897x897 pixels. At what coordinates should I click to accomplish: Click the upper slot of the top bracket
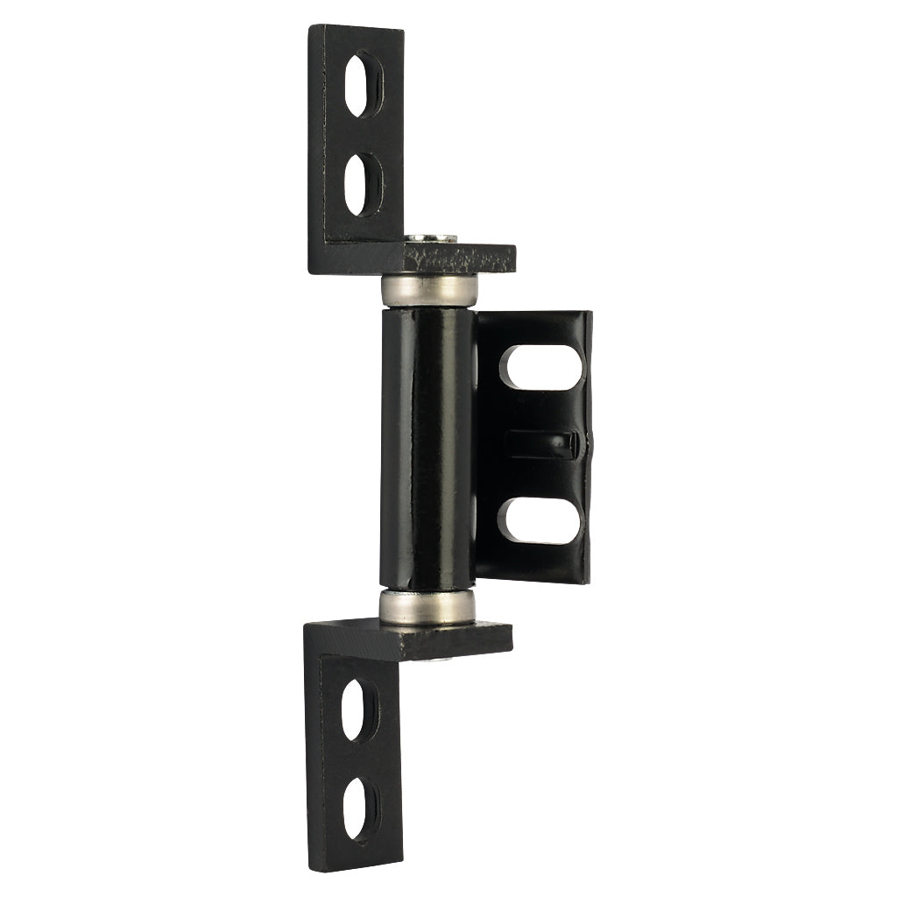(362, 84)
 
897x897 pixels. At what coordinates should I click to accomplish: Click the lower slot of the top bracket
(362, 184)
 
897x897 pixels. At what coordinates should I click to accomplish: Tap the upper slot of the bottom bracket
(359, 709)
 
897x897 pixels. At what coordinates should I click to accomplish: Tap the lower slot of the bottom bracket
(360, 809)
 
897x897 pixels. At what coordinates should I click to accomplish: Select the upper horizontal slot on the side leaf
(540, 366)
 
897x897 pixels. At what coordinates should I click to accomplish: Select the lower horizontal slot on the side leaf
(540, 520)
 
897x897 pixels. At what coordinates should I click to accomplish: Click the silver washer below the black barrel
(427, 605)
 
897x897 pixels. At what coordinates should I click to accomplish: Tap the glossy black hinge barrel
(427, 447)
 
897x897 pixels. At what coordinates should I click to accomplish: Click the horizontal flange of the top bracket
(456, 258)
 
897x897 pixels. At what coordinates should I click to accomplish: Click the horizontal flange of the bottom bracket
(456, 638)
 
